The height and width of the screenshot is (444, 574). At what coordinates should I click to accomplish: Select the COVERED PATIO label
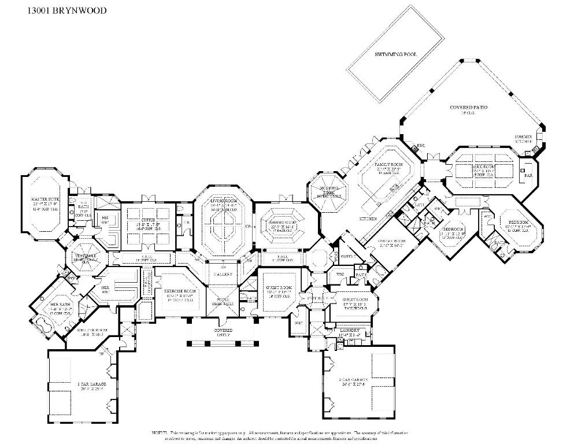pyautogui.click(x=468, y=108)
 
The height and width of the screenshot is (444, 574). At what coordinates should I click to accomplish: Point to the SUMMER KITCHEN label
pyautogui.click(x=524, y=139)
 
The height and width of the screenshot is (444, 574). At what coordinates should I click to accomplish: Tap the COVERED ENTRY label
pyautogui.click(x=223, y=332)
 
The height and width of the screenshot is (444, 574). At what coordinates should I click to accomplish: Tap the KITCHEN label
pyautogui.click(x=368, y=219)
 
